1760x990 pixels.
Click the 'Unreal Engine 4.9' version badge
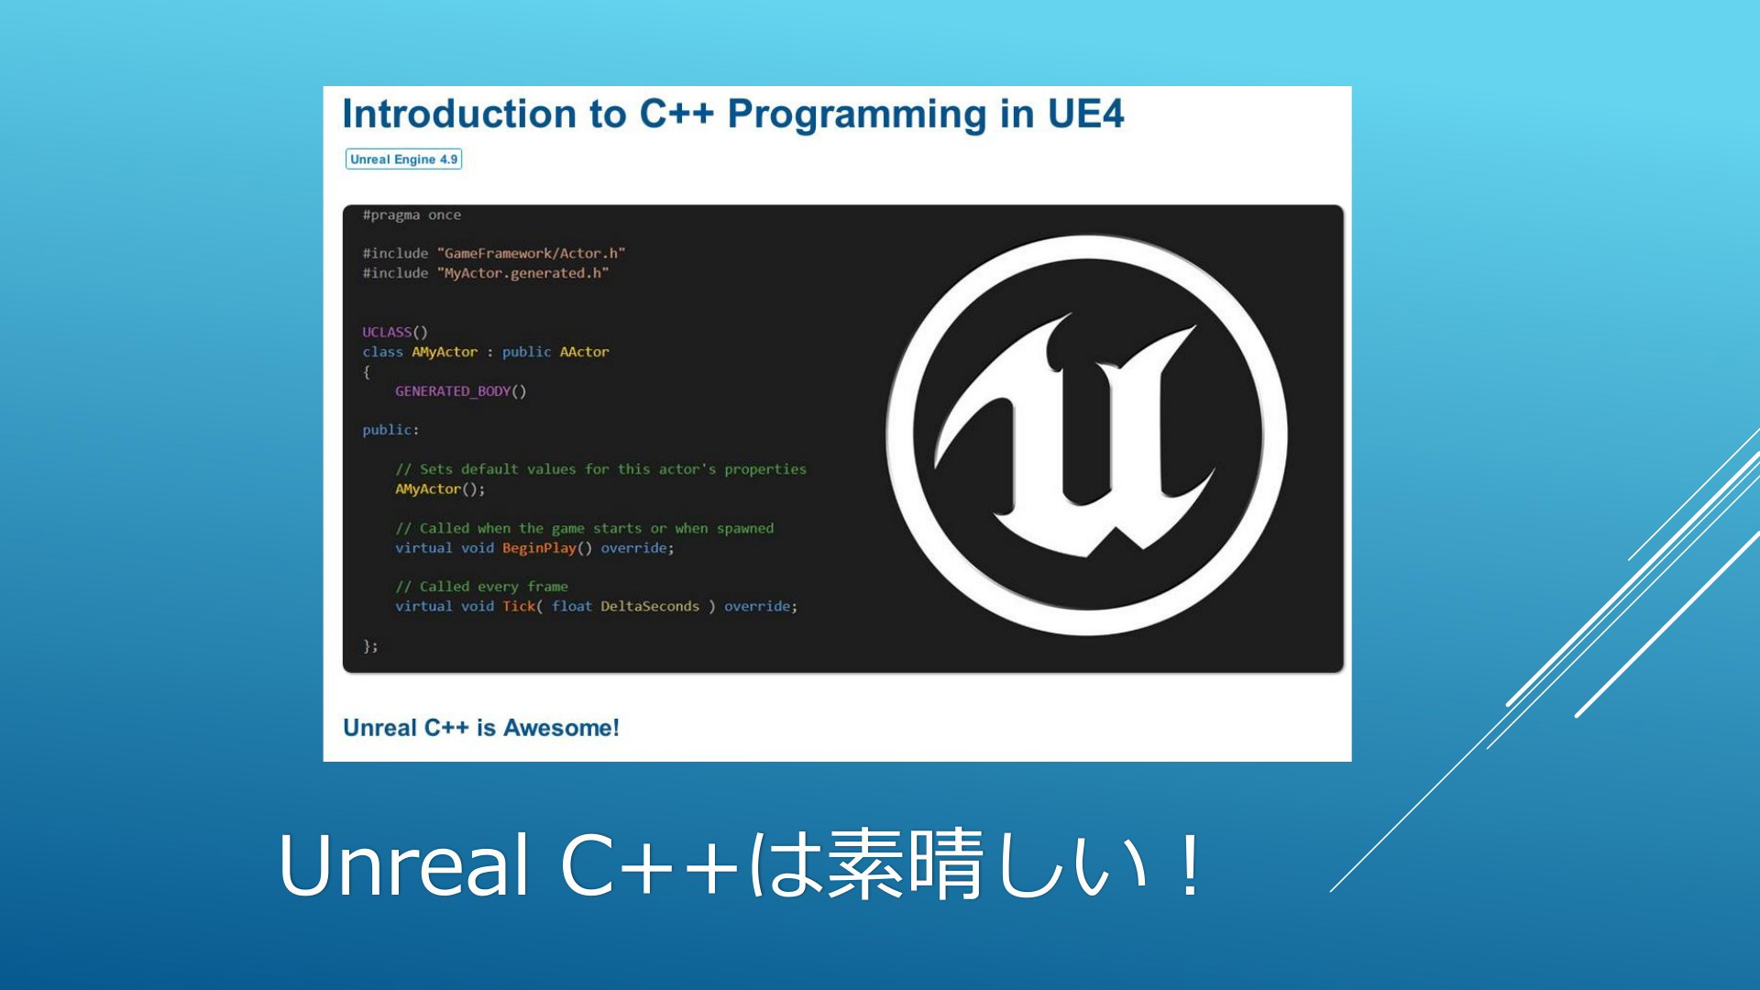coord(403,159)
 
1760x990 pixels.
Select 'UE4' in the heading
coord(1085,114)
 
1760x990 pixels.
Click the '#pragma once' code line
coord(412,215)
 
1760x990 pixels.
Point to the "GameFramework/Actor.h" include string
coord(531,253)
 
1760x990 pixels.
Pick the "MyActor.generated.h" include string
coord(522,273)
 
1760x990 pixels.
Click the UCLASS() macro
coord(395,332)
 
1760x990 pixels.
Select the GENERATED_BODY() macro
coord(461,391)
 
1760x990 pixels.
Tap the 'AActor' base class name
coord(584,352)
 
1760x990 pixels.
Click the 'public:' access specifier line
coord(390,430)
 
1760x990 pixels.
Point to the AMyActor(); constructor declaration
coord(440,489)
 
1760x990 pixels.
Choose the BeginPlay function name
coord(539,548)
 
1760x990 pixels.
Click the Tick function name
coord(519,606)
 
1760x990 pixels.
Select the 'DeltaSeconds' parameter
coord(650,606)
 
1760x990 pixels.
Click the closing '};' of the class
coord(370,646)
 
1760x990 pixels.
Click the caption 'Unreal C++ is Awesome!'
coord(481,728)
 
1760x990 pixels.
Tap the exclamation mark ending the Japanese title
coord(1191,863)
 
